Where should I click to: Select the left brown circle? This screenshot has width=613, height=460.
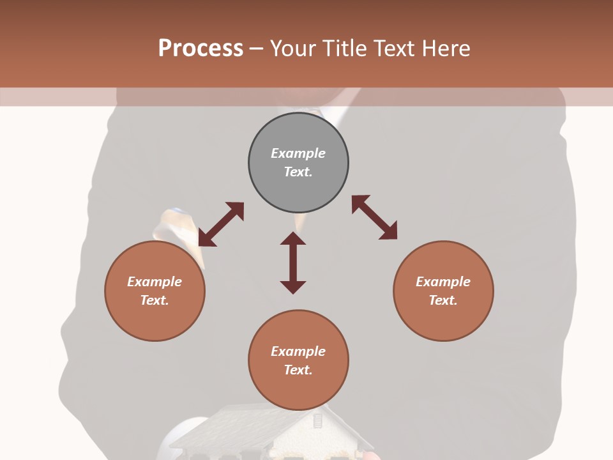(x=155, y=319)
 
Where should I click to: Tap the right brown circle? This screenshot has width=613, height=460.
(x=443, y=319)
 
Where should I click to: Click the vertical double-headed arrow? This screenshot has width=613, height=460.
(x=293, y=263)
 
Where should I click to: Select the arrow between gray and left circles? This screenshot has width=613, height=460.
(x=221, y=224)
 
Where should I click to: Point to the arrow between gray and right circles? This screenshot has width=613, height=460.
(x=374, y=217)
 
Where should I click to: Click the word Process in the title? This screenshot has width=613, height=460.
(x=201, y=49)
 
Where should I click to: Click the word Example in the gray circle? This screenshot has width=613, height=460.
(x=298, y=153)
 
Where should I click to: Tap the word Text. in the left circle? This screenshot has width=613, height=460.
(x=155, y=300)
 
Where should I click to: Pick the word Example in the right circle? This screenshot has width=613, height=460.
(x=443, y=282)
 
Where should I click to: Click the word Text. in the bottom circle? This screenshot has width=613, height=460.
(x=298, y=370)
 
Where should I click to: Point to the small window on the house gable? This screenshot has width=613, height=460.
(x=317, y=420)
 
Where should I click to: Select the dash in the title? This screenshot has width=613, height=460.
(x=257, y=49)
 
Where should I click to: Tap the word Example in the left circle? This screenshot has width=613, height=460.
(x=155, y=282)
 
